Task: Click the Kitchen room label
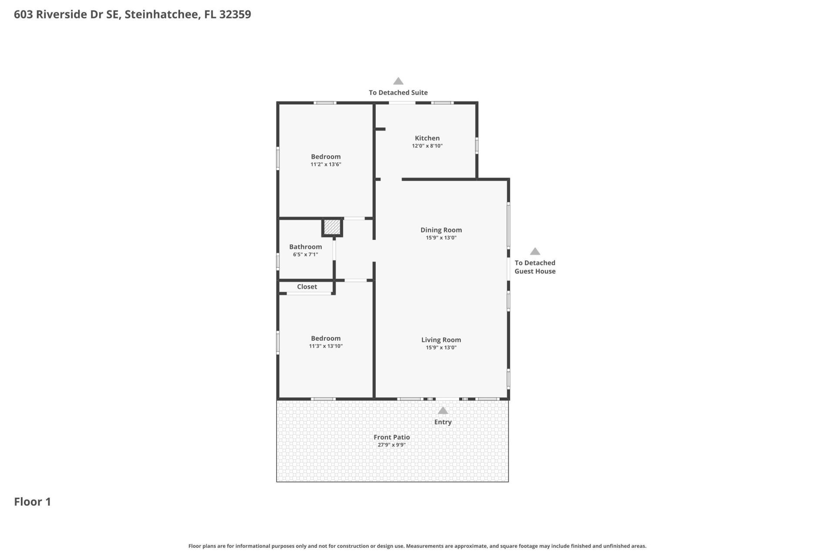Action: click(x=427, y=138)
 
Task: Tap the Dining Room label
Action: click(x=441, y=230)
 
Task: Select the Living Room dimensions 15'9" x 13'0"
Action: click(x=441, y=348)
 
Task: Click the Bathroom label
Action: click(x=305, y=247)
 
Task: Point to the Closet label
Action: click(x=307, y=287)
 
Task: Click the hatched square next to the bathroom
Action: click(x=332, y=227)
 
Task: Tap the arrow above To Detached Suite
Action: click(x=398, y=81)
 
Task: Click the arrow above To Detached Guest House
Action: click(x=535, y=252)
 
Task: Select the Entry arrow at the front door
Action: click(x=443, y=410)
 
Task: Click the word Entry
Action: click(x=443, y=422)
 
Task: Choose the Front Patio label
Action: click(x=391, y=437)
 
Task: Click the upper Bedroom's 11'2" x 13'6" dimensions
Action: click(x=326, y=164)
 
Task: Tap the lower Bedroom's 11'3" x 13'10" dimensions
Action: click(x=326, y=346)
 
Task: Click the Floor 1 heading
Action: click(x=33, y=502)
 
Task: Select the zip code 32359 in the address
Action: click(x=235, y=14)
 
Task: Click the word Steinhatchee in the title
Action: click(x=163, y=14)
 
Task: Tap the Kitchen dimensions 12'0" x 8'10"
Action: click(x=427, y=146)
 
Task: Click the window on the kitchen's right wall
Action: click(x=477, y=145)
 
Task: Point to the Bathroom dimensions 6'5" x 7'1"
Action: click(x=305, y=255)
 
